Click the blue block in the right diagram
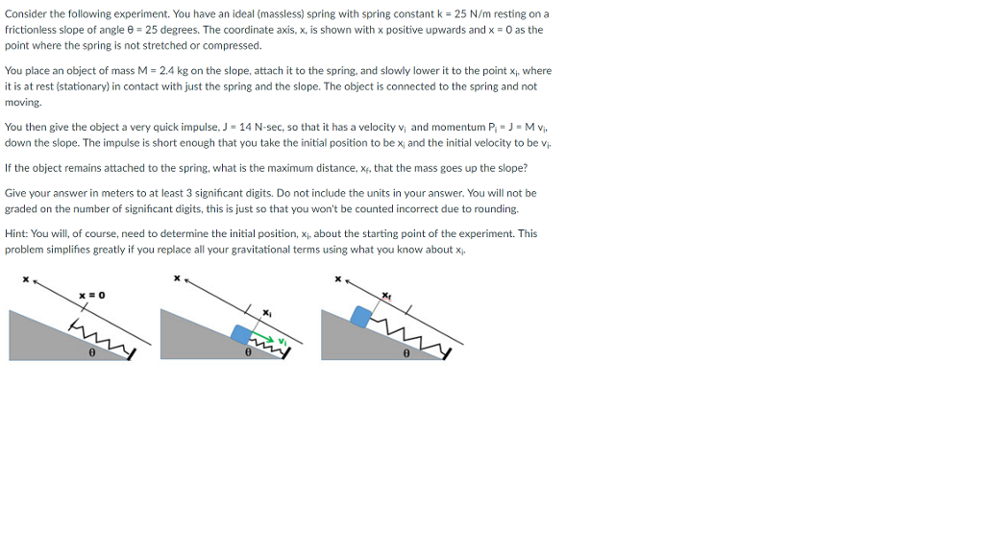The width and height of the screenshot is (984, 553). (362, 316)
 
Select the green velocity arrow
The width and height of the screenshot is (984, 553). (268, 339)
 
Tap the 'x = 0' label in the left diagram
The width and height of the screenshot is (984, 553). (91, 295)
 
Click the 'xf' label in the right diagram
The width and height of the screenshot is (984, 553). (386, 295)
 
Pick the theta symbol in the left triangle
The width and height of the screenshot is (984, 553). (91, 353)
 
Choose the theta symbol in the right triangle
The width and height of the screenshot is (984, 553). (406, 353)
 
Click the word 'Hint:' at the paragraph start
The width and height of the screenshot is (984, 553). (16, 233)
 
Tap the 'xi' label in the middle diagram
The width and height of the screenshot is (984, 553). (268, 313)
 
